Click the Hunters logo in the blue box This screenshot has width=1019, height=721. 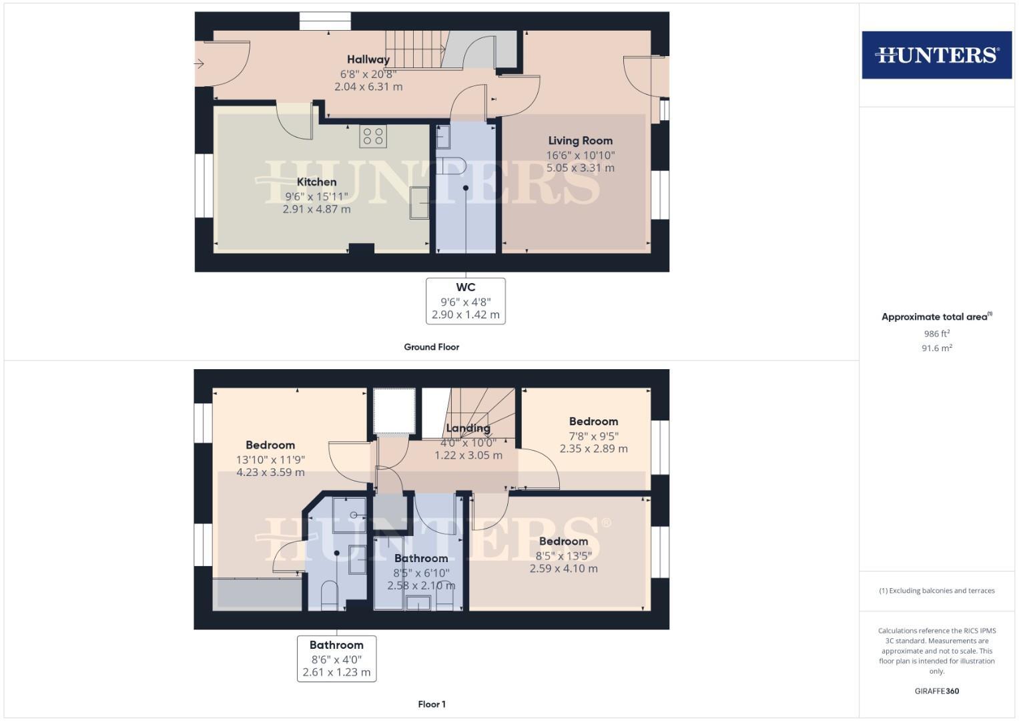(x=936, y=55)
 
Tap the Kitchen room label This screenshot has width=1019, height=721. (x=316, y=182)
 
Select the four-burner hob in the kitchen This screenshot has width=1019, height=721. (x=373, y=136)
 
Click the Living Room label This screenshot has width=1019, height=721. (x=580, y=141)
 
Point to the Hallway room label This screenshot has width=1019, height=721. (x=368, y=59)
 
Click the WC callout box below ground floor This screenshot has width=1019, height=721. (x=465, y=301)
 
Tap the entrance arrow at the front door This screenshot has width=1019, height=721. (x=199, y=64)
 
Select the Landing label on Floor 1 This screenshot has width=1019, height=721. (x=468, y=429)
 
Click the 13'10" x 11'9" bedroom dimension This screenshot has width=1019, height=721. (x=270, y=459)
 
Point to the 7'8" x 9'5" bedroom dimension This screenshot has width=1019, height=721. (x=593, y=436)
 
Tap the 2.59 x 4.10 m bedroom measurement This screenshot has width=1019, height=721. (x=563, y=569)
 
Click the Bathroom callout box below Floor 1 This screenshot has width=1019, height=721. (x=336, y=658)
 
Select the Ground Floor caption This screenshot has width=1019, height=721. (x=431, y=347)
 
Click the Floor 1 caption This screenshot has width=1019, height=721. (x=431, y=704)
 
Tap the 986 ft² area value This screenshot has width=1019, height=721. (x=936, y=334)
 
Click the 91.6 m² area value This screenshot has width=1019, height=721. (x=936, y=348)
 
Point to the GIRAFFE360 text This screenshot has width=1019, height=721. (x=936, y=691)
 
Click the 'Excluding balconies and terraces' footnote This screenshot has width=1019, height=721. (x=936, y=591)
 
